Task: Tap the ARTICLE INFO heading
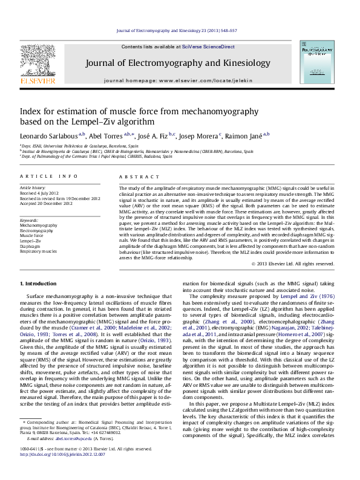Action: point(49,177)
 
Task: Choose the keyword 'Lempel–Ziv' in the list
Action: point(31,241)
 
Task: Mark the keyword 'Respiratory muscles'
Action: point(38,251)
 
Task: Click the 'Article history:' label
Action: point(33,188)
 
